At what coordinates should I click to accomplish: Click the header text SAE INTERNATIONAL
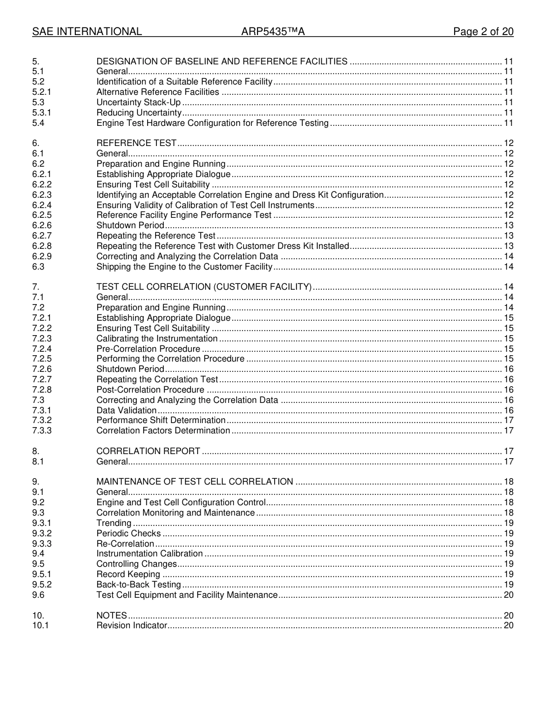(87, 32)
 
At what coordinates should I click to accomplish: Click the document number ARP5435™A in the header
(272, 32)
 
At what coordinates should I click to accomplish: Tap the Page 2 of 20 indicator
(483, 32)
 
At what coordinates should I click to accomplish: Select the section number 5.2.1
(42, 92)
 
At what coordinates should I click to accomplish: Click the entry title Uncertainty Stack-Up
(139, 102)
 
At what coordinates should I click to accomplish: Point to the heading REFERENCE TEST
(136, 143)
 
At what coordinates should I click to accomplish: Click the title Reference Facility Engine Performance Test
(184, 215)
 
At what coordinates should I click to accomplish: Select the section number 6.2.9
(42, 256)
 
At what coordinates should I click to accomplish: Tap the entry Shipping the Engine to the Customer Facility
(184, 267)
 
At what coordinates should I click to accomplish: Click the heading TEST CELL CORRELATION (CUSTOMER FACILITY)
(204, 287)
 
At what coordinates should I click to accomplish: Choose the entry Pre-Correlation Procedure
(148, 349)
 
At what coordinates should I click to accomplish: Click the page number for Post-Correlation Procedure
(509, 390)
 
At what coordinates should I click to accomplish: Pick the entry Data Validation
(126, 410)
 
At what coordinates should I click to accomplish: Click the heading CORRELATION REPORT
(148, 451)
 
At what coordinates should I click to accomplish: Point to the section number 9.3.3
(42, 544)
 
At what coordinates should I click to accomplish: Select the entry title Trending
(114, 523)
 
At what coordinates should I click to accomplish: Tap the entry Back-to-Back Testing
(139, 585)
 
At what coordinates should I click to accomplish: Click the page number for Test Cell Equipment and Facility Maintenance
(509, 595)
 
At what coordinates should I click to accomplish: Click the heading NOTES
(111, 615)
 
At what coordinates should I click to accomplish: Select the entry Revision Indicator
(132, 625)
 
